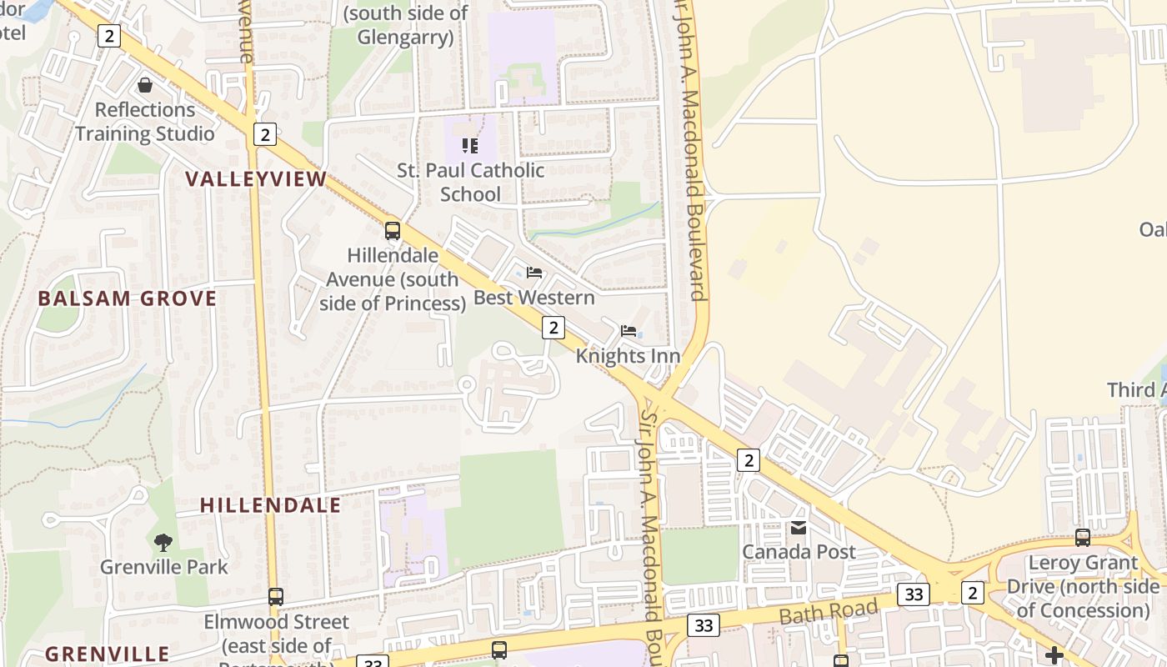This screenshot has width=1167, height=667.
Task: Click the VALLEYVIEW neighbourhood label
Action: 256,178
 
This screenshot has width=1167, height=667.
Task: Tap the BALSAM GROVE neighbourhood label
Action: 128,298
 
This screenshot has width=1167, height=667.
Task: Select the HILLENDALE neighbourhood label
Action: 271,504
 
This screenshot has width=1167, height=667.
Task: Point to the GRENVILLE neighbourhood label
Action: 108,654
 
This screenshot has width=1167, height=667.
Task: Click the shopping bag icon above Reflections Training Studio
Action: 145,85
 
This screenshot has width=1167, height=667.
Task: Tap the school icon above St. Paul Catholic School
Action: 470,146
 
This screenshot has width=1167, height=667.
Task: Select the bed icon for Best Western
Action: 534,273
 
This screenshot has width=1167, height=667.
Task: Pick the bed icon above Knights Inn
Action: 629,331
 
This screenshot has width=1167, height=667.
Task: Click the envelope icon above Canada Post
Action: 799,528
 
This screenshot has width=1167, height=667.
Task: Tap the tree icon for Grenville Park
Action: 163,543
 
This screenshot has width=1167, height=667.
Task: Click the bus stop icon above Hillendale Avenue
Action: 393,231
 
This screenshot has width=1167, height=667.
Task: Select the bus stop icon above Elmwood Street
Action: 276,597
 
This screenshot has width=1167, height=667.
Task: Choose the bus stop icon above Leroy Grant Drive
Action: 1083,538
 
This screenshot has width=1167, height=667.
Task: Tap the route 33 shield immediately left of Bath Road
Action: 704,624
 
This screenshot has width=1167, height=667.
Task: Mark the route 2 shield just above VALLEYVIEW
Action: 264,134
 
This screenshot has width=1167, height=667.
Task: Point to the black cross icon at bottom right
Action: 1054,654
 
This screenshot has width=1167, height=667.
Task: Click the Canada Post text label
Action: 799,552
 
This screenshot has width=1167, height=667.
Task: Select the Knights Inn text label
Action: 629,356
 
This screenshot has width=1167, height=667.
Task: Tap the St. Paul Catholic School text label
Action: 471,182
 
